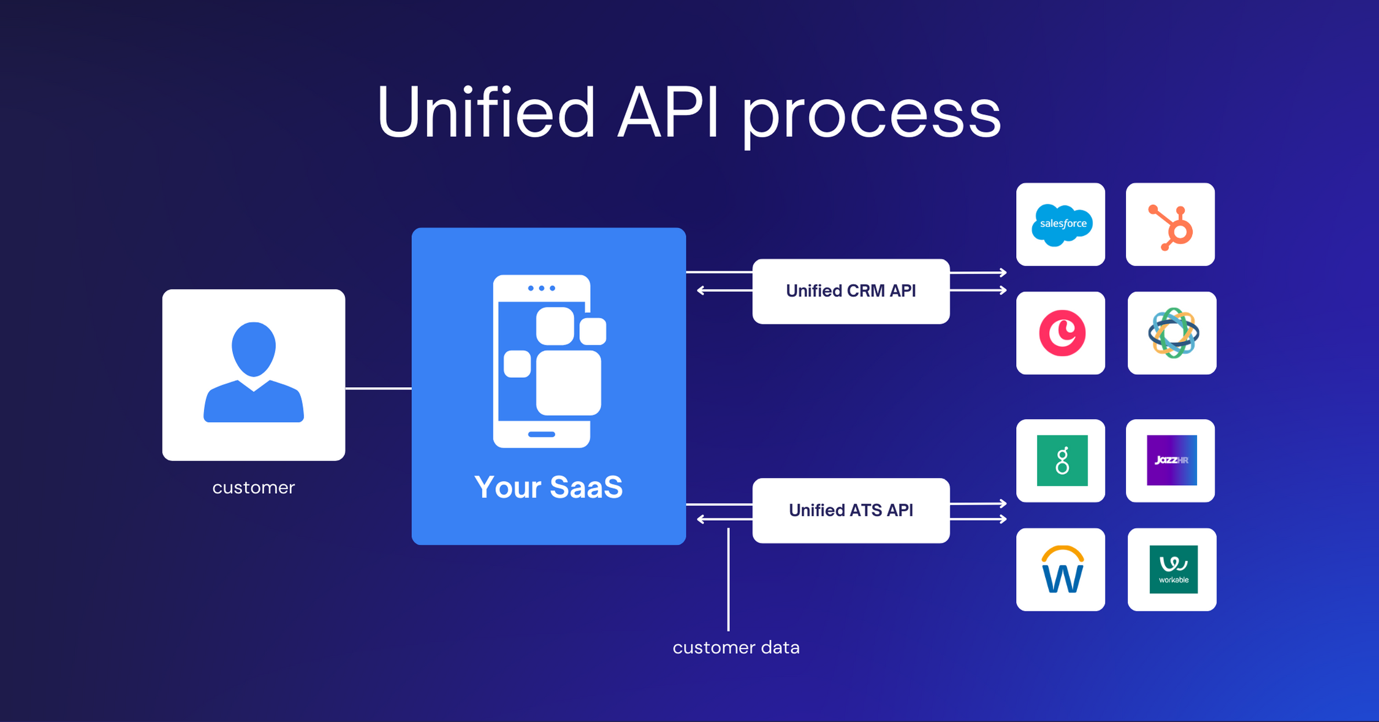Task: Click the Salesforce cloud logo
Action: coord(1062,225)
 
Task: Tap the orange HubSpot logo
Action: coord(1171,228)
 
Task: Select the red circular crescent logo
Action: coord(1062,333)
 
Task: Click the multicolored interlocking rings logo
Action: coord(1172,333)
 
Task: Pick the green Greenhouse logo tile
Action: coord(1062,460)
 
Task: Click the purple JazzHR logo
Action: coord(1171,460)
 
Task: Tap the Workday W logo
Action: coord(1062,570)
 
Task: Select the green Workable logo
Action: coord(1173,569)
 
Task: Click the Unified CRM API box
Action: coord(851,291)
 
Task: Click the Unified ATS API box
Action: coord(851,510)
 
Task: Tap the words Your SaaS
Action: coord(548,488)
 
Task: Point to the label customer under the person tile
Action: coord(254,488)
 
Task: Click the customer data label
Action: coord(735,648)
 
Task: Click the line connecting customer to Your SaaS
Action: coord(378,388)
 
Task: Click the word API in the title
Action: coord(668,113)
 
